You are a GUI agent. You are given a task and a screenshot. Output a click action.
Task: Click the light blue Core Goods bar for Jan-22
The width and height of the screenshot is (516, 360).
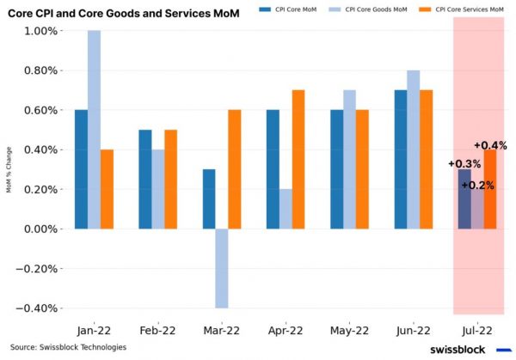[x=94, y=130]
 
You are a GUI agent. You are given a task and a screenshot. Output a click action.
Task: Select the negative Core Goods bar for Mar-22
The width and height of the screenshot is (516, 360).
[x=222, y=268]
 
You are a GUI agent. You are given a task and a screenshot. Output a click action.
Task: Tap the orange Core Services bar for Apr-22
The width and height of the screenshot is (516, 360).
[x=298, y=159]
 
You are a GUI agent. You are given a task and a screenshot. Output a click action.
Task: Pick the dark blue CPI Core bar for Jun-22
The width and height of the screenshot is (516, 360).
[x=401, y=159]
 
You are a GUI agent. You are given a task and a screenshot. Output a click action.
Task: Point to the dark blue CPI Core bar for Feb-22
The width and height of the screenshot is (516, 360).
[x=146, y=179]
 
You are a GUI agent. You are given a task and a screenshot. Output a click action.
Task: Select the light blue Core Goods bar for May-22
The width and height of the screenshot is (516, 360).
[x=349, y=159]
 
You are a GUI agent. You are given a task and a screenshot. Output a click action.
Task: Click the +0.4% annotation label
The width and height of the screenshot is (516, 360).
[x=491, y=145]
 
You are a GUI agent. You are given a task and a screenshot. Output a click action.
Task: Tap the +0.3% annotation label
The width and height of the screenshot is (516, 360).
[x=464, y=163]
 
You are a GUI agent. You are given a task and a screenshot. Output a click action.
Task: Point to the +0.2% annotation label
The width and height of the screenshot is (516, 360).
[x=477, y=185]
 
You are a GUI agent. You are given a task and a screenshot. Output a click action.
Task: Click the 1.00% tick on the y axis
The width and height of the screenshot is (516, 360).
[x=40, y=31]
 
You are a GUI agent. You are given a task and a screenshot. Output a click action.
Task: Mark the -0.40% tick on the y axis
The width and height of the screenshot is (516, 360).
[x=38, y=308]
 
